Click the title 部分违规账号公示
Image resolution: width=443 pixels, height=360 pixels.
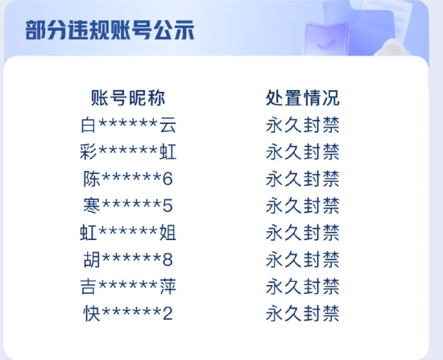tap(110, 30)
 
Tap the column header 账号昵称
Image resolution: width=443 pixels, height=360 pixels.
tap(128, 98)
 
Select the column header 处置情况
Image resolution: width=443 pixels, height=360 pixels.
tap(303, 98)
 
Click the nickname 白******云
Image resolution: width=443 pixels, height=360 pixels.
tap(128, 125)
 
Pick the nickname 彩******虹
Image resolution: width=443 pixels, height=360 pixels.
tap(128, 151)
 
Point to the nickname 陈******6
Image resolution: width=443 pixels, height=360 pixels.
tap(128, 179)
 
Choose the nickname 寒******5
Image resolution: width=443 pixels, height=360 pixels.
tap(128, 205)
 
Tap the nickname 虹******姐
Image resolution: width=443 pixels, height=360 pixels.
tap(128, 233)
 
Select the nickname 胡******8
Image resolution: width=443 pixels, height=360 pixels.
tap(128, 259)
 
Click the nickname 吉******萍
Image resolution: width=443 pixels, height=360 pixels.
tap(128, 286)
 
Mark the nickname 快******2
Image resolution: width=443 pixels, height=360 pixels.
tap(128, 313)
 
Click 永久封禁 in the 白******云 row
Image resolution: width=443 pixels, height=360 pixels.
tap(303, 125)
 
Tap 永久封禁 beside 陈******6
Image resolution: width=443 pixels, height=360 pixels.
tap(303, 179)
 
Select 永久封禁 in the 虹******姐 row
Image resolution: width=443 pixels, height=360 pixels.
tap(303, 233)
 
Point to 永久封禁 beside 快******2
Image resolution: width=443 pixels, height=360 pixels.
tap(303, 313)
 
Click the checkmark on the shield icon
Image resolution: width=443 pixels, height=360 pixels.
tap(325, 44)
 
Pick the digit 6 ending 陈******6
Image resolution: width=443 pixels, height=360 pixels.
tap(168, 179)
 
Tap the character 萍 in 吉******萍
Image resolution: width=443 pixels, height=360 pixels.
tap(168, 286)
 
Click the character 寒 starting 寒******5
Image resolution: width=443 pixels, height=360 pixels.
tap(92, 205)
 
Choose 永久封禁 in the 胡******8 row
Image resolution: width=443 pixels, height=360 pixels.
tap(303, 259)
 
